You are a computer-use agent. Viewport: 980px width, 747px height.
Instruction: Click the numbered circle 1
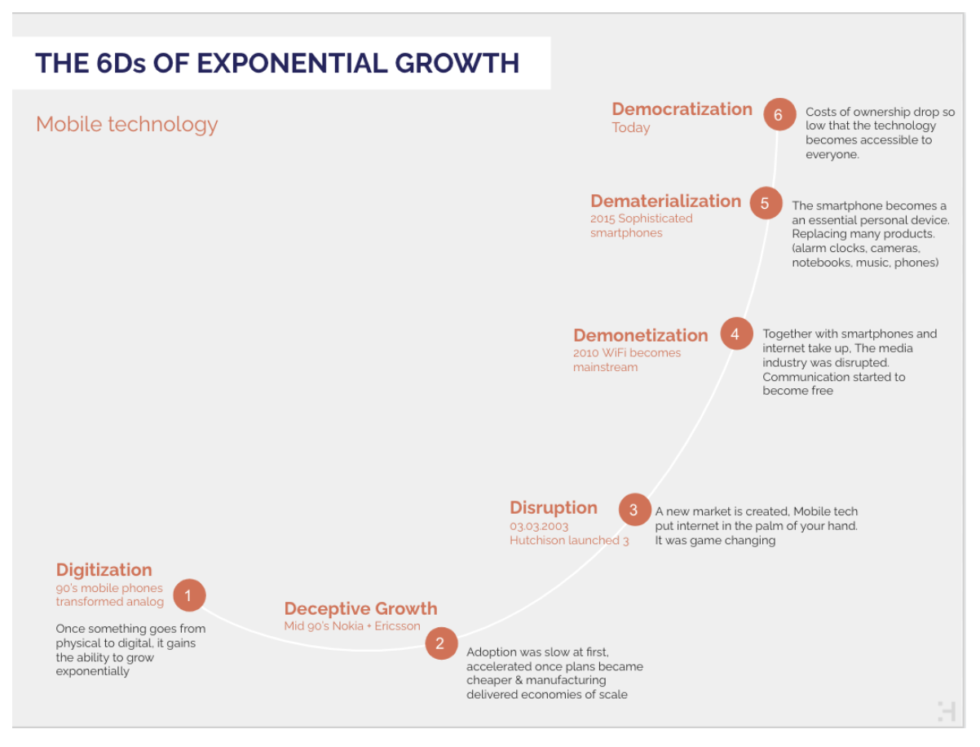[189, 595]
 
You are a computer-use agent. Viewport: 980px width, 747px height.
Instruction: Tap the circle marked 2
[441, 643]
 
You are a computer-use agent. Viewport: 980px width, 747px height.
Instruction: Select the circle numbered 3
[634, 510]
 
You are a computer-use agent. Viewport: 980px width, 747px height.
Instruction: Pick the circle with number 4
[736, 334]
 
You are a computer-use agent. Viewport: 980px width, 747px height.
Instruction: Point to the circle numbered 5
[766, 203]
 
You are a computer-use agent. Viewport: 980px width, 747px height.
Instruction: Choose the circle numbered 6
[779, 115]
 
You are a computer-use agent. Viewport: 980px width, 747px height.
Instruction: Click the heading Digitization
[104, 570]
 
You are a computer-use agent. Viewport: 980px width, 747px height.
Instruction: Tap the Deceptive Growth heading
[360, 608]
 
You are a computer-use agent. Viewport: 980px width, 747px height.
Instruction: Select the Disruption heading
[554, 508]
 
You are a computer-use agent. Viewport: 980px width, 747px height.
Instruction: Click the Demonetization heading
[641, 335]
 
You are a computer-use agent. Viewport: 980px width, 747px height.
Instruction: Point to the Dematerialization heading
[665, 201]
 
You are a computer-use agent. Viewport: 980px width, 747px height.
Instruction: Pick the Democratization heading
[682, 109]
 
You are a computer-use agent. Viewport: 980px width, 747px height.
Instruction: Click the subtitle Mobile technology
[127, 125]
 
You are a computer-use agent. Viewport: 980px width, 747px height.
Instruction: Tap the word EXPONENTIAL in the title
[292, 63]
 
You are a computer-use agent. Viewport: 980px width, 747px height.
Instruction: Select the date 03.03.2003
[539, 527]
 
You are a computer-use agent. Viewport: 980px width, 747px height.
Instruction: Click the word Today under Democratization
[630, 128]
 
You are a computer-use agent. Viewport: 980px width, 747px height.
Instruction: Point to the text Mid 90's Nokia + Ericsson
[352, 626]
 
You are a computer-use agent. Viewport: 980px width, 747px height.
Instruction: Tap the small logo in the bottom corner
[946, 712]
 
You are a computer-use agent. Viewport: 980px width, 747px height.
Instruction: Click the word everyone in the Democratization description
[832, 155]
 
